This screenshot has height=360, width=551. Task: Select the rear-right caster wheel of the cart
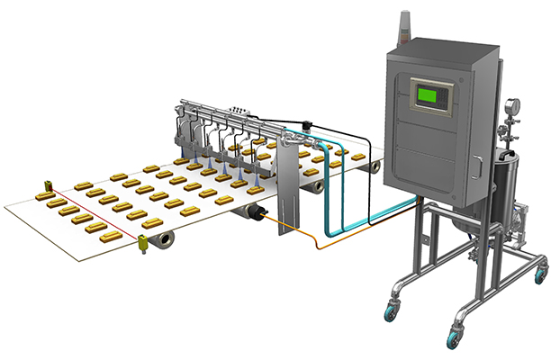point(540,272)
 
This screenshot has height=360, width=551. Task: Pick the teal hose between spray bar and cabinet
point(337,207)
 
